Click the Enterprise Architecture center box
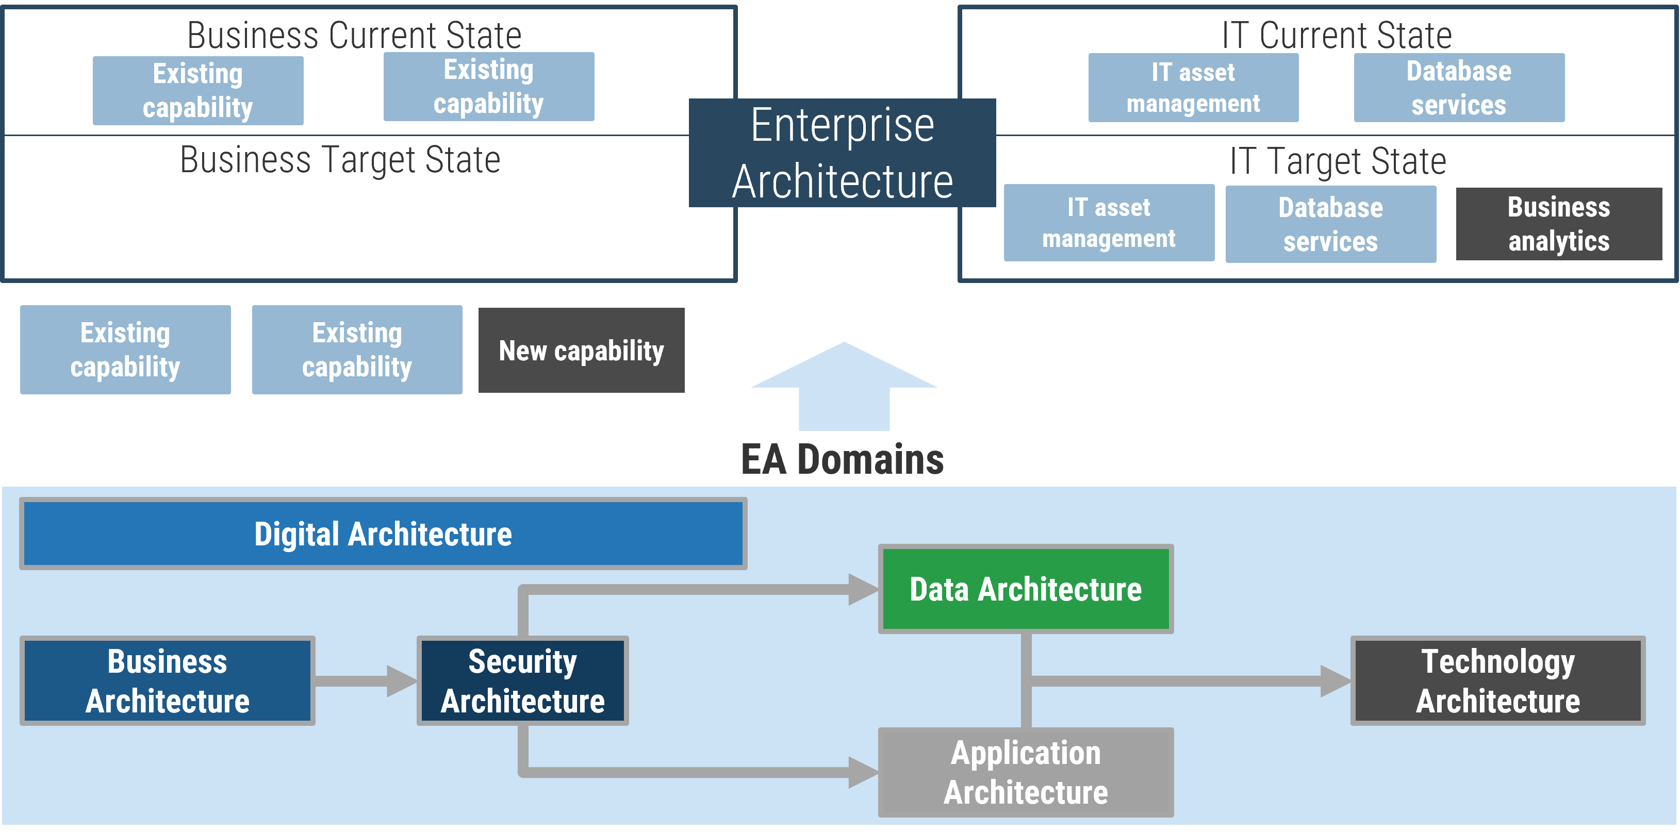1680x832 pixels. point(842,153)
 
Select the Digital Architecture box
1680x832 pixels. point(383,534)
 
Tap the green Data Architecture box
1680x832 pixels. point(1025,589)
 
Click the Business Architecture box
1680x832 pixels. point(167,681)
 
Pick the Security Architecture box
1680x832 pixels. point(522,681)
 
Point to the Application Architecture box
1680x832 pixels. point(1025,772)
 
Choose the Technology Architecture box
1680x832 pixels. point(1497,681)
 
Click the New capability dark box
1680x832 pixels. point(581,350)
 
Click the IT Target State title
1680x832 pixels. point(1338,161)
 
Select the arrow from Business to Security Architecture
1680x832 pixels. point(365,681)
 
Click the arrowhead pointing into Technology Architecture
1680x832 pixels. point(1335,681)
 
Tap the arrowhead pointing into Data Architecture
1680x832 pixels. point(862,589)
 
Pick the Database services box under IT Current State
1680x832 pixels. point(1458,87)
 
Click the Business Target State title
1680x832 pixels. point(340,160)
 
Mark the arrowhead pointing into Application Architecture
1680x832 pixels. point(862,772)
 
